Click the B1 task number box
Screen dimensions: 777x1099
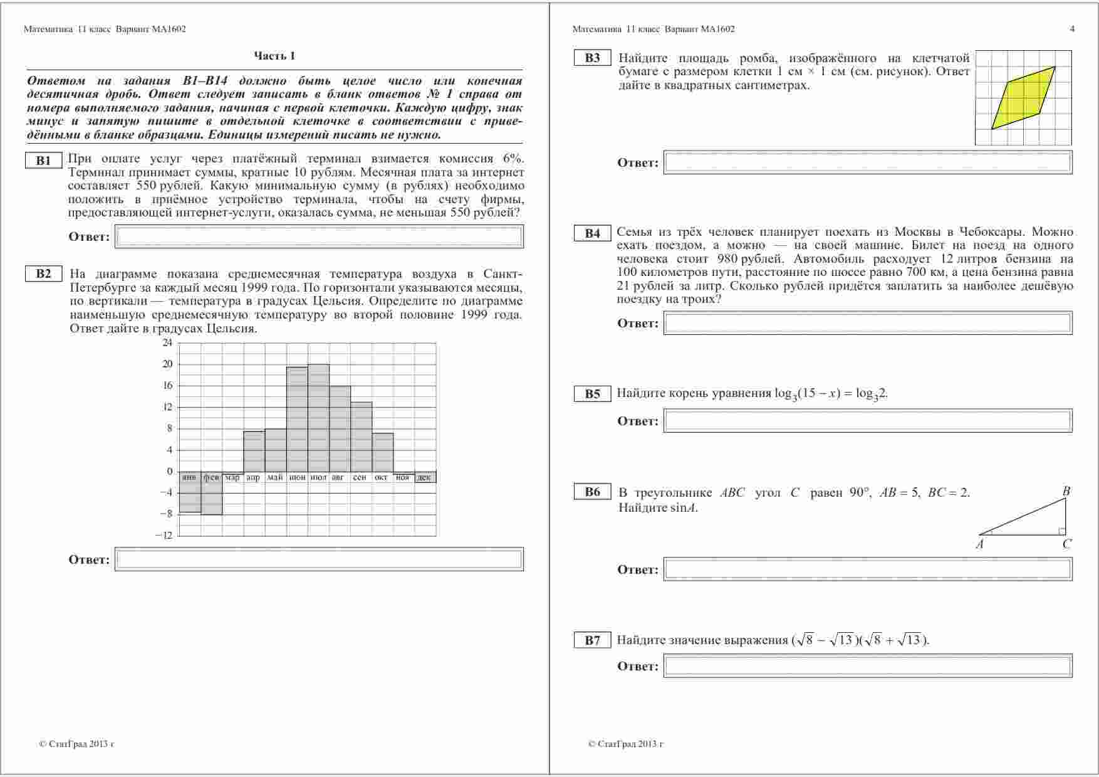click(43, 161)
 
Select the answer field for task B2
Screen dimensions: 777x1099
click(319, 559)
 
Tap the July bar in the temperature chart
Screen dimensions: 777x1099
click(318, 417)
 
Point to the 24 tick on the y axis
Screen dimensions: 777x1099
click(167, 342)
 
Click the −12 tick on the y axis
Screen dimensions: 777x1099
click(165, 535)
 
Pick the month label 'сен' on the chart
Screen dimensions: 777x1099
click(360, 477)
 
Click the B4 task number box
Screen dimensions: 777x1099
click(592, 233)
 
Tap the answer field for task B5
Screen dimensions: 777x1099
click(868, 421)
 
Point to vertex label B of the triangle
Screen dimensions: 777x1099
click(1066, 491)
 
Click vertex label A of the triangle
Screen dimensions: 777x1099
click(980, 544)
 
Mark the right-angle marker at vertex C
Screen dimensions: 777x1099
click(1061, 531)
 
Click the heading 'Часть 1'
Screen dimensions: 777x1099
click(274, 56)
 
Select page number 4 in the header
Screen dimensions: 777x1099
click(1072, 29)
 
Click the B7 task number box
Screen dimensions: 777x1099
click(592, 640)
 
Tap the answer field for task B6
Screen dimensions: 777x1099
click(868, 569)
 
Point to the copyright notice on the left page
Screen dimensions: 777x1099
click(76, 744)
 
